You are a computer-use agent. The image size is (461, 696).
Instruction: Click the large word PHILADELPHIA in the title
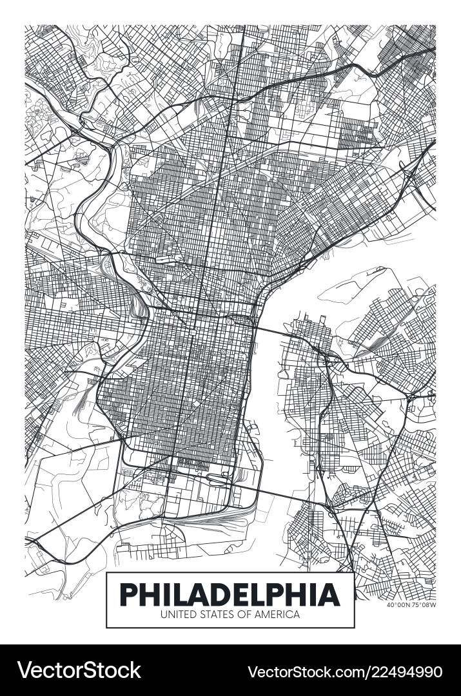(x=230, y=594)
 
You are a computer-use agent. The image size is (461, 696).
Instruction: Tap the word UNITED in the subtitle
(x=176, y=615)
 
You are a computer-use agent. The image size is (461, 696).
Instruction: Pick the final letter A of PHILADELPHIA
(x=329, y=594)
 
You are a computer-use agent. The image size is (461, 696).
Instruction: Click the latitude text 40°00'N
(x=398, y=605)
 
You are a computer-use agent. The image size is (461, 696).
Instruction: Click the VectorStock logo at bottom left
(x=79, y=670)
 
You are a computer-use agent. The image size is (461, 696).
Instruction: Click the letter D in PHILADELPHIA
(x=220, y=594)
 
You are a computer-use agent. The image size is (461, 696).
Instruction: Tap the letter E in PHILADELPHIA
(x=242, y=594)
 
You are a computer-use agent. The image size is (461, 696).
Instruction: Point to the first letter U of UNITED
(x=164, y=615)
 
